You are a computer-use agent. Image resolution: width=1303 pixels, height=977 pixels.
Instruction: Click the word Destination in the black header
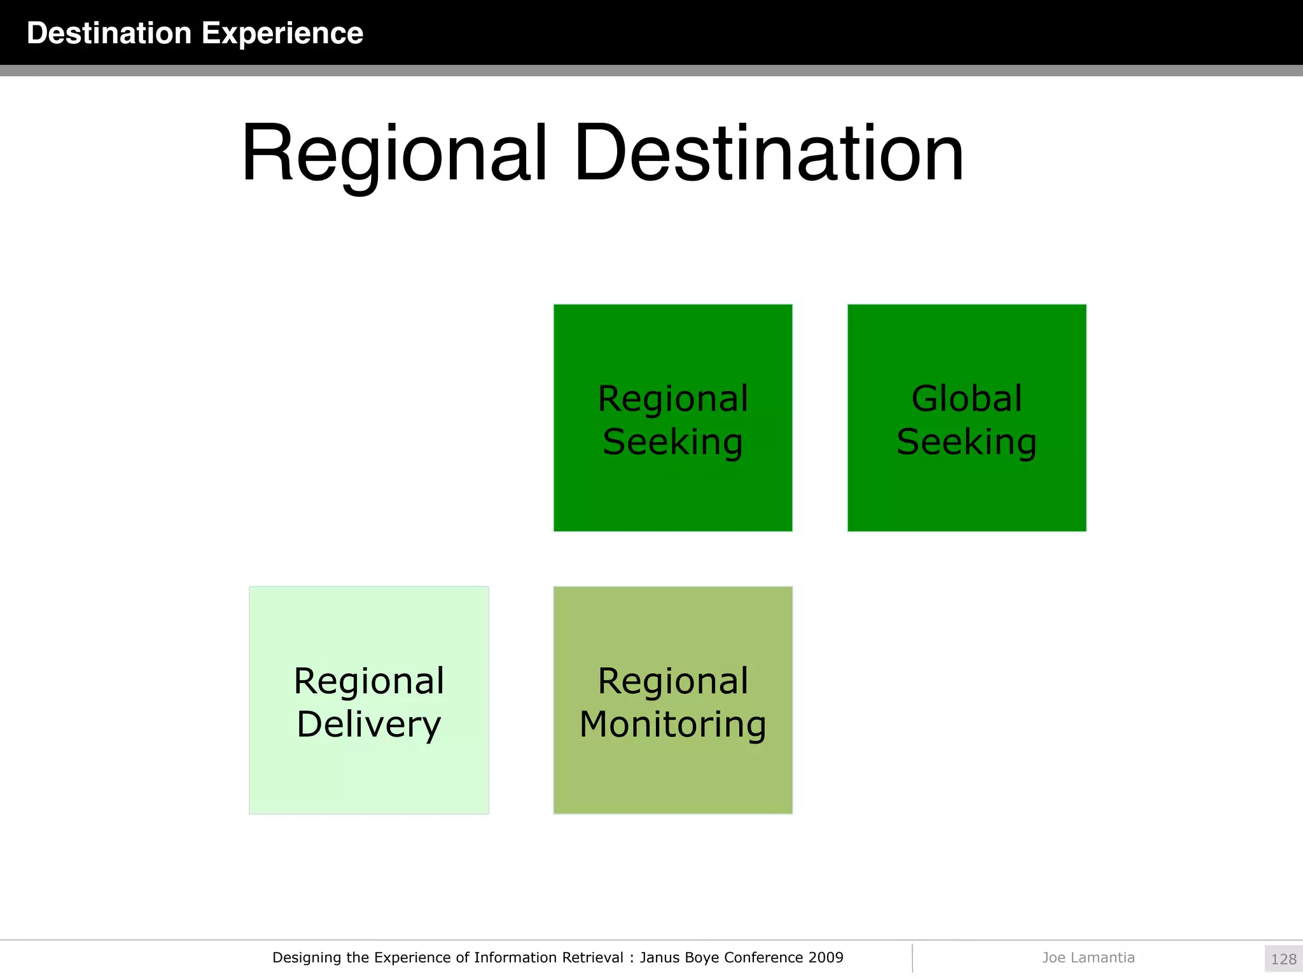tap(109, 33)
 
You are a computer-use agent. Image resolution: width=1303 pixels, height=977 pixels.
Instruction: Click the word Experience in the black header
tap(282, 33)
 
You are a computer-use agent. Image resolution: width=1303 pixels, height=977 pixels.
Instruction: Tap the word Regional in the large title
tap(394, 154)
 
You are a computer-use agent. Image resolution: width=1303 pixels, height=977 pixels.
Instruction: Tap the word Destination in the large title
tap(768, 154)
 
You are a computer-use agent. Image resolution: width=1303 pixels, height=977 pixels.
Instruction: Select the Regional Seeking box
tap(672, 418)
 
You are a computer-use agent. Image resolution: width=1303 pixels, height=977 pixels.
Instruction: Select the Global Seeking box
tap(966, 418)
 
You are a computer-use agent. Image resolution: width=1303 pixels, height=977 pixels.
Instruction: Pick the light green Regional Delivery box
tap(368, 700)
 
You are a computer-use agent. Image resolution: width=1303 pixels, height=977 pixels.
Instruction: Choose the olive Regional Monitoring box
tap(672, 700)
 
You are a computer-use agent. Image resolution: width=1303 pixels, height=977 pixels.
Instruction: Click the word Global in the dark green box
tap(966, 399)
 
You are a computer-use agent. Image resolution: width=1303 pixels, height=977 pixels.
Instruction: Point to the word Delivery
tap(368, 724)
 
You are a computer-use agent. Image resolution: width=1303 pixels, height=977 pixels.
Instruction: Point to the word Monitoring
tap(672, 724)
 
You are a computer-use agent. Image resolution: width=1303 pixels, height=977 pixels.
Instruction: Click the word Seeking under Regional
tap(672, 441)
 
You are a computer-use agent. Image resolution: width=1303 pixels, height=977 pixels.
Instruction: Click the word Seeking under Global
tap(966, 441)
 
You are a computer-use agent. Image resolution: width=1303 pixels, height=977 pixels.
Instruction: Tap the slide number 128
tap(1283, 959)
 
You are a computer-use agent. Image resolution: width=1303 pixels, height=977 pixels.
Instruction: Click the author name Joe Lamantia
tap(1088, 957)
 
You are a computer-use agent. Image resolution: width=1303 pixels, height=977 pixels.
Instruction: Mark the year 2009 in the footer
tap(826, 957)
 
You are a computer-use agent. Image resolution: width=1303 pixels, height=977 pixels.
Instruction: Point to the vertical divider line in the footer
tap(912, 958)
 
